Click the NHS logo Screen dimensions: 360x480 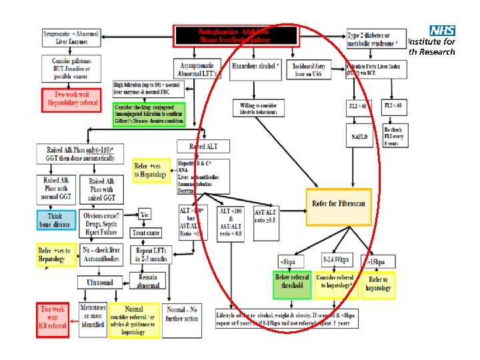443,31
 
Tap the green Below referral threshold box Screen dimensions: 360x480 292,285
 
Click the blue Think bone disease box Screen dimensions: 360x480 57,220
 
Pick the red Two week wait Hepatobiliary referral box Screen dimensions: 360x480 71,99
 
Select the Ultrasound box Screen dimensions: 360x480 104,283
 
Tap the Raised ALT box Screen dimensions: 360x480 203,146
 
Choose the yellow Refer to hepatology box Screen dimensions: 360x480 378,285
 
